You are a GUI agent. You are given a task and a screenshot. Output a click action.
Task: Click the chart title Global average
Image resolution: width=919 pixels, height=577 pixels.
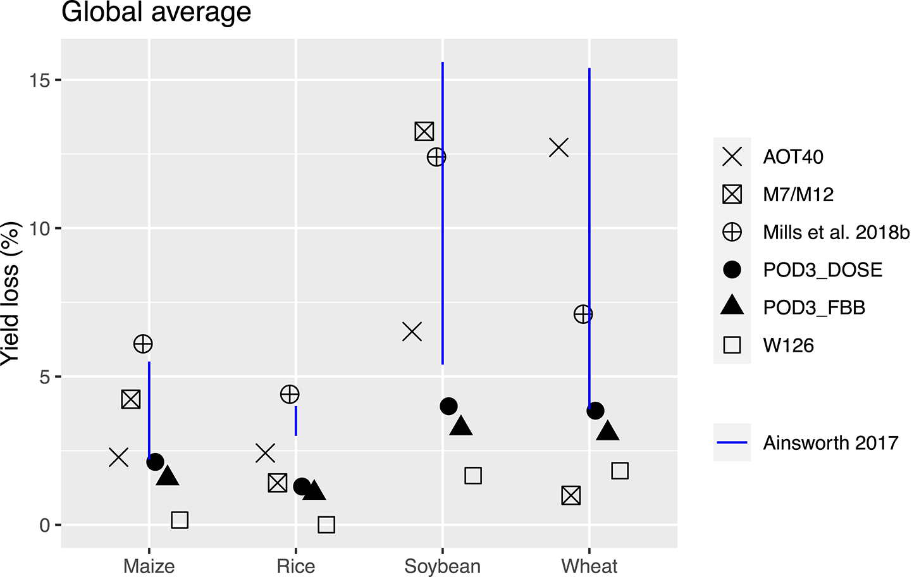pyautogui.click(x=156, y=13)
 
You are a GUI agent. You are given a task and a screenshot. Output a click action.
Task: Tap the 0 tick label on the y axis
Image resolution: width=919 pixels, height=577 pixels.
pyautogui.click(x=45, y=525)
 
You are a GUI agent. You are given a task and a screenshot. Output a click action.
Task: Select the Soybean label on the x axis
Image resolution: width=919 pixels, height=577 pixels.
pyautogui.click(x=442, y=566)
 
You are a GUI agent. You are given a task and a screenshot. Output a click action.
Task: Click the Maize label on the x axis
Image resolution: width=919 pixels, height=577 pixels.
pyautogui.click(x=149, y=566)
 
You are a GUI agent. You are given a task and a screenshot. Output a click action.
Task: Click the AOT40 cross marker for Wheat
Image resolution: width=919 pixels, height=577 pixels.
pyautogui.click(x=559, y=148)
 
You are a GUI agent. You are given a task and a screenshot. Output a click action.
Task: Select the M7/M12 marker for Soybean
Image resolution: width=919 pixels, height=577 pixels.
pyautogui.click(x=424, y=132)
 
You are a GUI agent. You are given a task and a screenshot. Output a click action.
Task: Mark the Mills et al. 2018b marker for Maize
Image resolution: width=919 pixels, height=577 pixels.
pyautogui.click(x=143, y=344)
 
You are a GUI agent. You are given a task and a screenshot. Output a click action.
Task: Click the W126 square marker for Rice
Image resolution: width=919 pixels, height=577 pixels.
pyautogui.click(x=326, y=524)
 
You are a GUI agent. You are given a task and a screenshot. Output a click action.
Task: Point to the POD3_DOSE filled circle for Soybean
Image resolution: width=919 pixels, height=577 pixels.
pyautogui.click(x=448, y=406)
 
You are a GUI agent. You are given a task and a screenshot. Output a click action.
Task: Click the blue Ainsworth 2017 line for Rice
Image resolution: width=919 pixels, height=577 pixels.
pyautogui.click(x=296, y=421)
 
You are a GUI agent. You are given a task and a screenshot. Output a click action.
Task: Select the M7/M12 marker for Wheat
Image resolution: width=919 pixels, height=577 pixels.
pyautogui.click(x=571, y=495)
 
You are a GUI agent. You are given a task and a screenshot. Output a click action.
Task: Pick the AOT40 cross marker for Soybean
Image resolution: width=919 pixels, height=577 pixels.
pyautogui.click(x=412, y=332)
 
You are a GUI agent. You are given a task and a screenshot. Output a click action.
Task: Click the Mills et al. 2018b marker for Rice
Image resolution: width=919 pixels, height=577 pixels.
pyautogui.click(x=290, y=395)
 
